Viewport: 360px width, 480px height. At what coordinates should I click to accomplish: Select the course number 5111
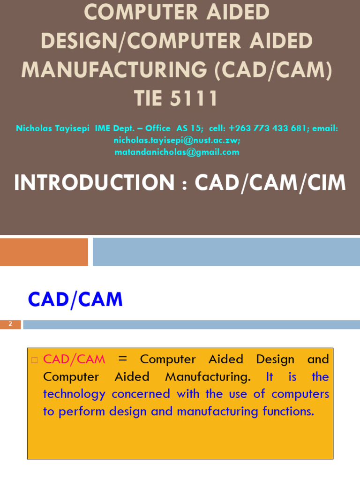195,98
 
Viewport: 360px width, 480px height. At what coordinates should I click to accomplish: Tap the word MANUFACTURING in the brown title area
114,70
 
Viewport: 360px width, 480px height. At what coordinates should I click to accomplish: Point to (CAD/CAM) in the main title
273,70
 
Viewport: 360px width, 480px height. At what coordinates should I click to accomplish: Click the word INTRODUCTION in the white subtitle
94,183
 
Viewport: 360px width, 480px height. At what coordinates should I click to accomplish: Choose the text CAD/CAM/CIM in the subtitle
270,183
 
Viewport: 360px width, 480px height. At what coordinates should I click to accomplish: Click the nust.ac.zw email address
177,140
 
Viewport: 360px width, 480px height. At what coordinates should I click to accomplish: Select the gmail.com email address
177,152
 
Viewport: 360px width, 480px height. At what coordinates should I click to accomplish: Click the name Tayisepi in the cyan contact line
72,128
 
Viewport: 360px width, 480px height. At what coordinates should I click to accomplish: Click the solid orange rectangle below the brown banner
44,252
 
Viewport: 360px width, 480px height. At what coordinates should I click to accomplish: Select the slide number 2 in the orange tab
10,324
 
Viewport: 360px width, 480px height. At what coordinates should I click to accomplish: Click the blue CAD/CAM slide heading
75,300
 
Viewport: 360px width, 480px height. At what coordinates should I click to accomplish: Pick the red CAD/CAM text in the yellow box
74,360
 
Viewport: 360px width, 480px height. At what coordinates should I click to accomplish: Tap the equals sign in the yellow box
123,360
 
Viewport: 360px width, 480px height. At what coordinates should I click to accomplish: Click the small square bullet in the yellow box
34,360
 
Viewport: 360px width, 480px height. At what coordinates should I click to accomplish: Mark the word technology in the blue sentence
74,394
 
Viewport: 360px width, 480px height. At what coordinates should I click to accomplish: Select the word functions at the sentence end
288,412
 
